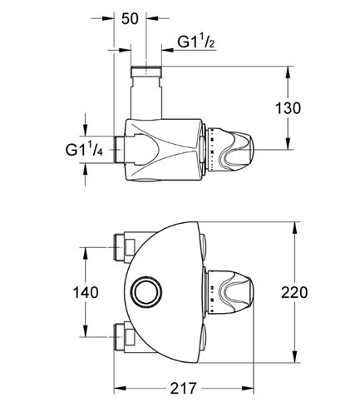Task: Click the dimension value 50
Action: click(x=130, y=18)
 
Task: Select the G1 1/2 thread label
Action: click(x=196, y=42)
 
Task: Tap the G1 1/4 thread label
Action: click(x=84, y=149)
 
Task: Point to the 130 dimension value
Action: click(x=288, y=108)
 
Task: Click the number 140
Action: click(x=86, y=292)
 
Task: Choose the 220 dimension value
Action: click(x=294, y=292)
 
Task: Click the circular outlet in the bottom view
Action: click(x=148, y=292)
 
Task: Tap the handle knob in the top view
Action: click(x=230, y=150)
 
